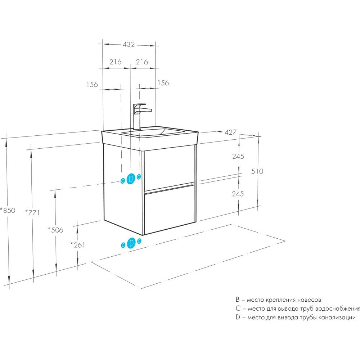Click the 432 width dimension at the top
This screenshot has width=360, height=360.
click(x=129, y=45)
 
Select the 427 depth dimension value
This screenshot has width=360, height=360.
click(x=230, y=132)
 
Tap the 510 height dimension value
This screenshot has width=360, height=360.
click(x=257, y=171)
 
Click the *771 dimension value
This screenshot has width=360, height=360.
click(x=32, y=212)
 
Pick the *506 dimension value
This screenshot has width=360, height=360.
click(x=55, y=230)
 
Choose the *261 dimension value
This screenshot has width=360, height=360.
click(x=77, y=245)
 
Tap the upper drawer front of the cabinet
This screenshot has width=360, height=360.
click(x=168, y=168)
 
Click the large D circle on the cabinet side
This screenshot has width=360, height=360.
click(x=131, y=179)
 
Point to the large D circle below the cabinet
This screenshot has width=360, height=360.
click(x=131, y=243)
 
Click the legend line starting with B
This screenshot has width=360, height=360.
click(x=278, y=300)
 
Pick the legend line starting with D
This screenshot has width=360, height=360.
click(x=296, y=318)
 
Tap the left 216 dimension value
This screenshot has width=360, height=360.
click(x=115, y=62)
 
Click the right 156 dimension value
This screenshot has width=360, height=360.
click(x=163, y=83)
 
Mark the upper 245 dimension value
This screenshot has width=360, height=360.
click(x=238, y=156)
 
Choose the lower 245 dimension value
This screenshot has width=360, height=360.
click(x=238, y=194)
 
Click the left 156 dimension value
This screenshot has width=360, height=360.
click(x=92, y=85)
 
